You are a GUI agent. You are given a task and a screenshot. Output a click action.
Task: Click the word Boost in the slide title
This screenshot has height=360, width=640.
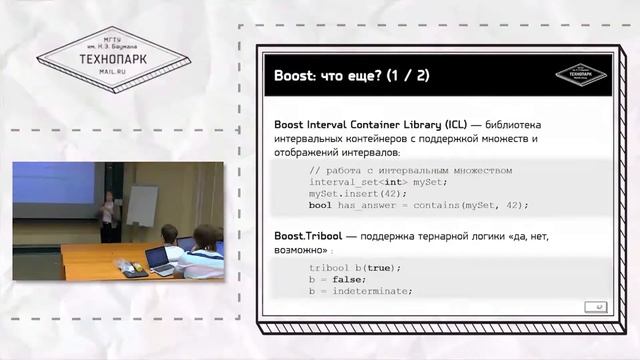coord(297,75)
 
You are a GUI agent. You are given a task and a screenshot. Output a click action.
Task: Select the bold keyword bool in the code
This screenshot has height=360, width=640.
coord(320,205)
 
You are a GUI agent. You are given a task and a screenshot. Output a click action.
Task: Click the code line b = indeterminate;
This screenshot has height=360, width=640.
coord(361,290)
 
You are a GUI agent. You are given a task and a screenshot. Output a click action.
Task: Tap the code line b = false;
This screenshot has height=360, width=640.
coord(339,279)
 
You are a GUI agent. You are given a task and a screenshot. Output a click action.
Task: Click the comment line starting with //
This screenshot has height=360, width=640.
coord(410,170)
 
